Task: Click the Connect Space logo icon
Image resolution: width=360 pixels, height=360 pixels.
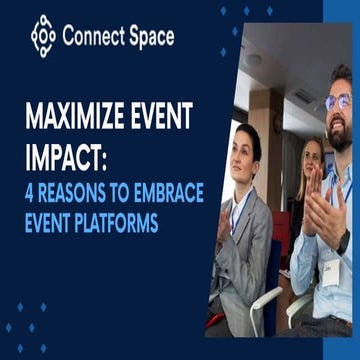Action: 43,36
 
